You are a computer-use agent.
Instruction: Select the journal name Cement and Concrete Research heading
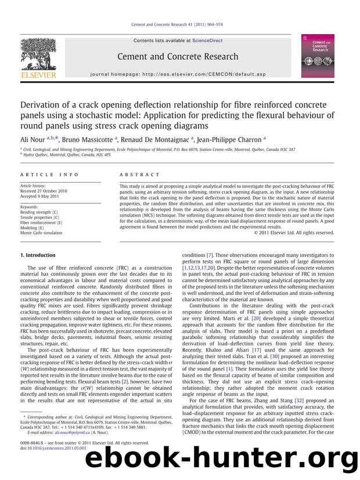pos(178,56)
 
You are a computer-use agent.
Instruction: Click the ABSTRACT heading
pos(139,174)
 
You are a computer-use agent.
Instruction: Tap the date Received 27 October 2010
pos(44,190)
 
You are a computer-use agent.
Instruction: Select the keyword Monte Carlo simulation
pos(41,232)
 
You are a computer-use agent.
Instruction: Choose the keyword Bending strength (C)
pos(39,211)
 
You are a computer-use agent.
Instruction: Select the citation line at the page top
pos(179,25)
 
